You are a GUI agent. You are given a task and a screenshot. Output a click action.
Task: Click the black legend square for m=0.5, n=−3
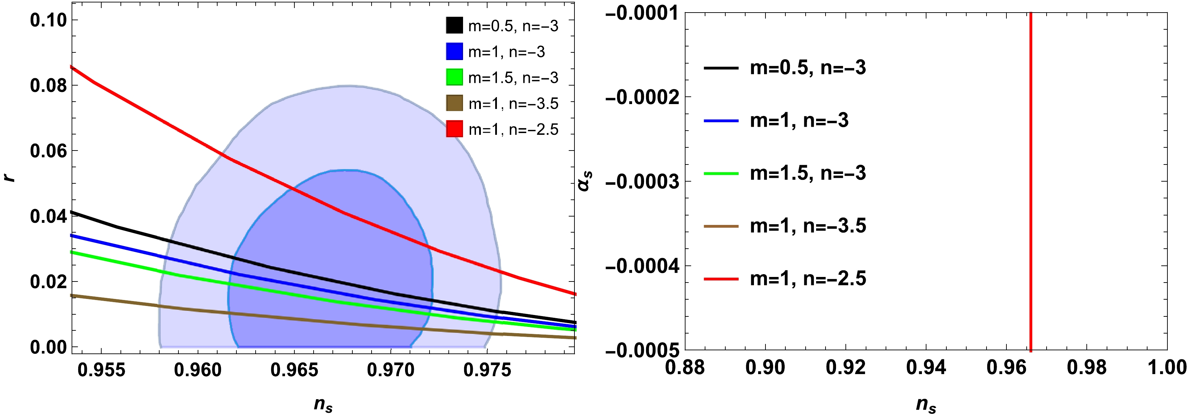tap(454, 25)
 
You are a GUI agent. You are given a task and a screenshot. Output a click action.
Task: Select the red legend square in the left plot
tap(454, 129)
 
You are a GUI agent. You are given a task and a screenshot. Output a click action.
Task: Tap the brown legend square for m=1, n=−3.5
tap(454, 103)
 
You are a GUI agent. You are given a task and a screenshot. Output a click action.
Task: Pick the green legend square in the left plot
tap(454, 77)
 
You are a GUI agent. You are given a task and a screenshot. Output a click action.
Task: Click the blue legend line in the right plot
tap(720, 120)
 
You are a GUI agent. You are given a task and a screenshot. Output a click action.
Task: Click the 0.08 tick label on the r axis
tap(48, 85)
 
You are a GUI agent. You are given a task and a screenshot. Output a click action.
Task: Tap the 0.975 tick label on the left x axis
tap(487, 370)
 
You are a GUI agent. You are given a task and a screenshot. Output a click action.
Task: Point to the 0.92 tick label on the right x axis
tap(845, 367)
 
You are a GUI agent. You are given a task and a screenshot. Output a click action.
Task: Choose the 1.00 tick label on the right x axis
tap(1167, 367)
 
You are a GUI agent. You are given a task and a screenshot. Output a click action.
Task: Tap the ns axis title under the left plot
tap(323, 404)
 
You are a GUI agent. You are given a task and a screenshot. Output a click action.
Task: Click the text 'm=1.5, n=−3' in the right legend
tap(808, 173)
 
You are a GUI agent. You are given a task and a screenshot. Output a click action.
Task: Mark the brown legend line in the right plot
tap(720, 226)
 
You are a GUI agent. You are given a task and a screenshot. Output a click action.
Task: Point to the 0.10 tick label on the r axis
tap(48, 20)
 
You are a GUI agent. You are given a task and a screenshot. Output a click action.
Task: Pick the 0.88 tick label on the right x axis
tap(685, 367)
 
